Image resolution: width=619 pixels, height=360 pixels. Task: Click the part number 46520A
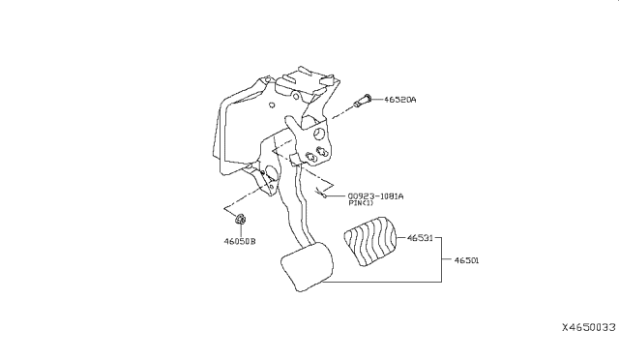click(399, 100)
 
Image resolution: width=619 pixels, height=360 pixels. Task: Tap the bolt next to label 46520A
click(362, 101)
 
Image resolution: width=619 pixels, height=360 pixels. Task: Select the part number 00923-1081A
click(375, 196)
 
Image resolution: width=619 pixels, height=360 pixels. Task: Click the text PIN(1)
click(361, 203)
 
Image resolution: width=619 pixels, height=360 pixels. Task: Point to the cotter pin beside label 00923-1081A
click(321, 193)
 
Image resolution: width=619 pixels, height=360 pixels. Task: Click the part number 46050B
click(240, 241)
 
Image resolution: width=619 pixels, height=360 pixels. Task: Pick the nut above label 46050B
click(240, 219)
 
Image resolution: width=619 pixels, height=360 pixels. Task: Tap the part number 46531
click(420, 238)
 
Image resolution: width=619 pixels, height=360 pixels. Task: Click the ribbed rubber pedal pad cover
click(369, 241)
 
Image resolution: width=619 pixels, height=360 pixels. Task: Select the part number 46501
click(466, 260)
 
